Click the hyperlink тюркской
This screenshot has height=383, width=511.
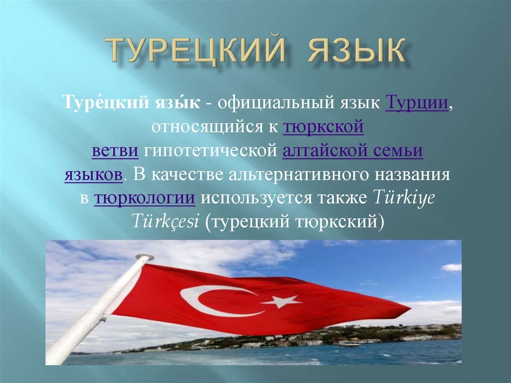[x=323, y=127]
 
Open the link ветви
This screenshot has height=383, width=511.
[x=115, y=151]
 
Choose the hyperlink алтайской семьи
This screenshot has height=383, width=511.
[x=353, y=151]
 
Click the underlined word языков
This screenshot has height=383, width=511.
[x=93, y=175]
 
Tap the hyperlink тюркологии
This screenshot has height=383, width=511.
[x=145, y=198]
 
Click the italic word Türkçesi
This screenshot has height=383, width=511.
[x=165, y=221]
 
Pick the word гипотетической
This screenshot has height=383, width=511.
[x=211, y=151]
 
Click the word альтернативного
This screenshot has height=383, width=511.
[x=299, y=175]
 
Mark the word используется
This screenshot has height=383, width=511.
[x=256, y=198]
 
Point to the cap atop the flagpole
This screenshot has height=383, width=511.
[x=145, y=257]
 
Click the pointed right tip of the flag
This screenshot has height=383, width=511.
[x=410, y=308]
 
